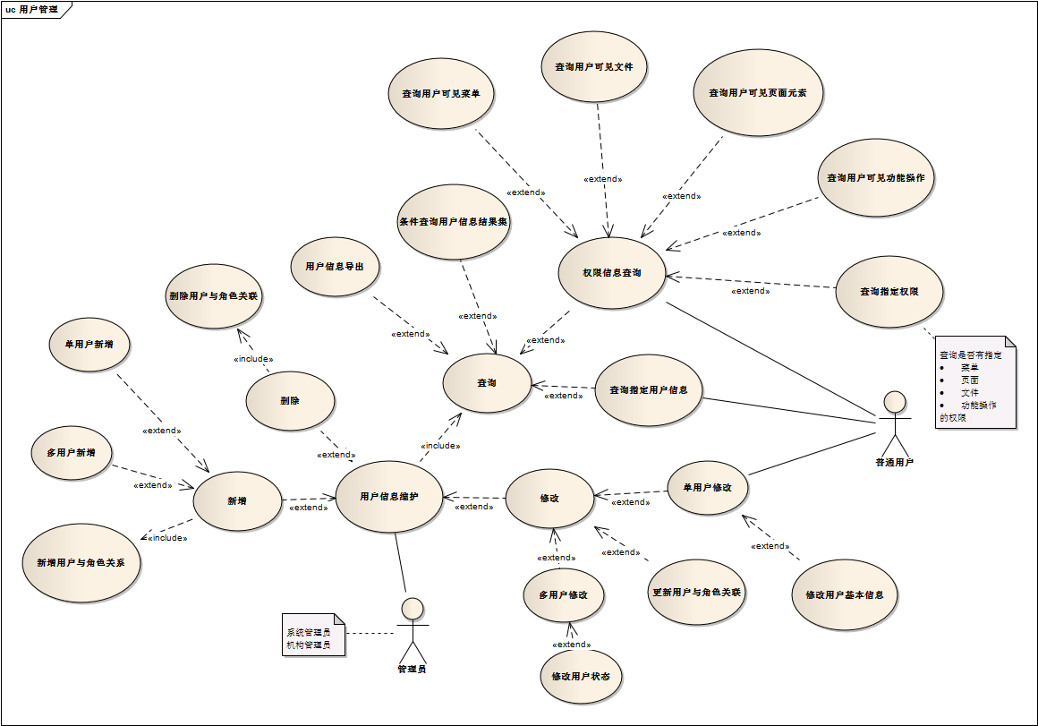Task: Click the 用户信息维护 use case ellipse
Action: (388, 497)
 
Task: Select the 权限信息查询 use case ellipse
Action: (612, 273)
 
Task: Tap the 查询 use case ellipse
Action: (487, 383)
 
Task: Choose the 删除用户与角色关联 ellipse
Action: (215, 295)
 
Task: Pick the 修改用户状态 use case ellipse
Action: (581, 676)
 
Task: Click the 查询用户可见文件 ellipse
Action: (594, 66)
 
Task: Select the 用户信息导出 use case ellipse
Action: (336, 267)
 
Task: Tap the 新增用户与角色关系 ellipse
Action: (81, 563)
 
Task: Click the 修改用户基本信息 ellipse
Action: (845, 594)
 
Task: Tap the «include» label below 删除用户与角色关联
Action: (253, 359)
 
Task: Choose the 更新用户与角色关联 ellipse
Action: (696, 592)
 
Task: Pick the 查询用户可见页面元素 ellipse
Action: (758, 92)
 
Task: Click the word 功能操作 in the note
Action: (979, 405)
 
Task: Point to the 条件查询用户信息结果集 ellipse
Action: (454, 222)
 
